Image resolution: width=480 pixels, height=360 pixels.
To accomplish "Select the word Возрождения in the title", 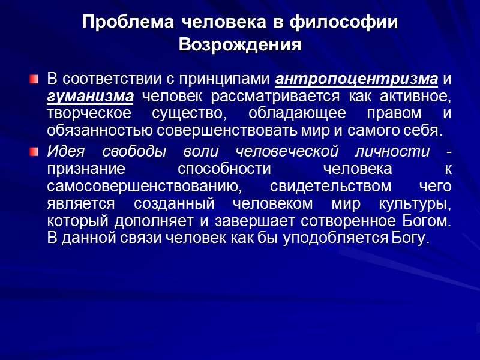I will [240, 45].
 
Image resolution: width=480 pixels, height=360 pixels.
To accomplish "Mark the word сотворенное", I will [356, 221].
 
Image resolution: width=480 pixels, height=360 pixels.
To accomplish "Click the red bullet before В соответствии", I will [34, 79].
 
